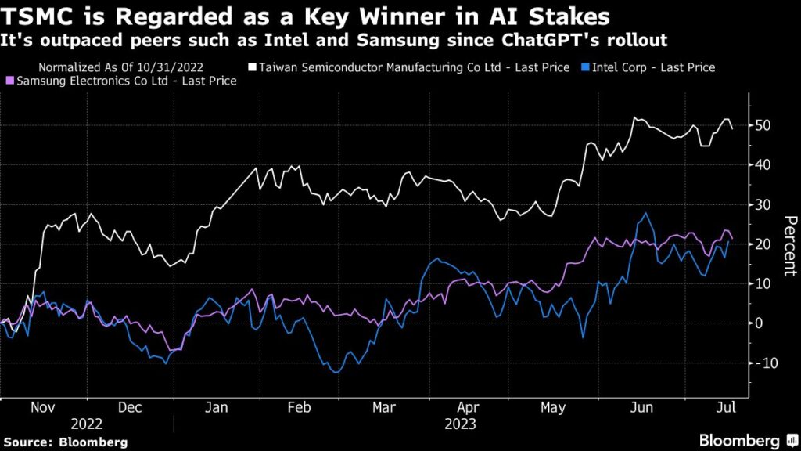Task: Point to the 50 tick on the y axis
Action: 764,125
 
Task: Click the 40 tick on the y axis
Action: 764,165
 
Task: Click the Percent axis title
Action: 788,245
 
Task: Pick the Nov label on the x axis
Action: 43,408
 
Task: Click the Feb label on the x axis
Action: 300,408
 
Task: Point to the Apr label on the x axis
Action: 467,408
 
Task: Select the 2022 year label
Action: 86,424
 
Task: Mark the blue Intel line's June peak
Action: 646,213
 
